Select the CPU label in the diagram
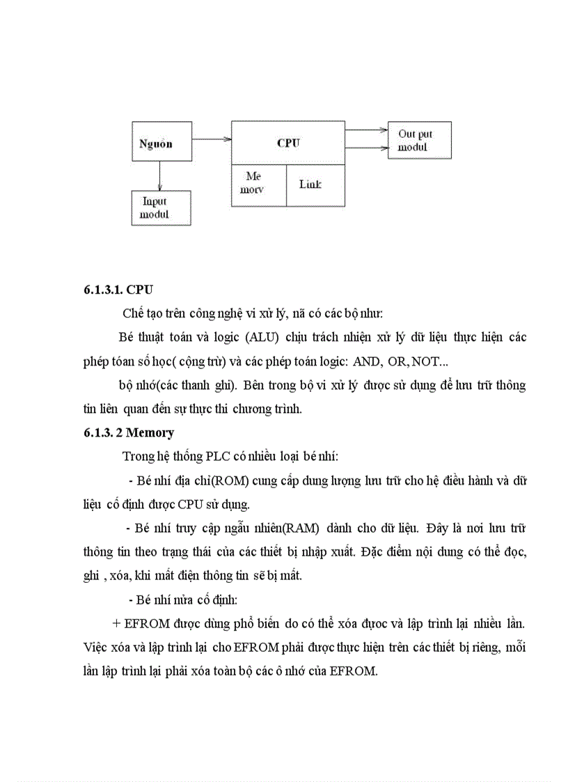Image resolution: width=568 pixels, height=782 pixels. pyautogui.click(x=287, y=143)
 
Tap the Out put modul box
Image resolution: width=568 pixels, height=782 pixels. pyautogui.click(x=419, y=140)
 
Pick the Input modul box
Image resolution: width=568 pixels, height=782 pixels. pyautogui.click(x=161, y=208)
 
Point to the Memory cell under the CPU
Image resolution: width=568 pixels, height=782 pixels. pyautogui.click(x=258, y=185)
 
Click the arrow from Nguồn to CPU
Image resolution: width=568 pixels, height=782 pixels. pyautogui.click(x=211, y=139)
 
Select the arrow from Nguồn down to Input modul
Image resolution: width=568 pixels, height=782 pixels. pyautogui.click(x=161, y=176)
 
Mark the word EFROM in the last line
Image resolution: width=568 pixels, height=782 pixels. pyautogui.click(x=352, y=673)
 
